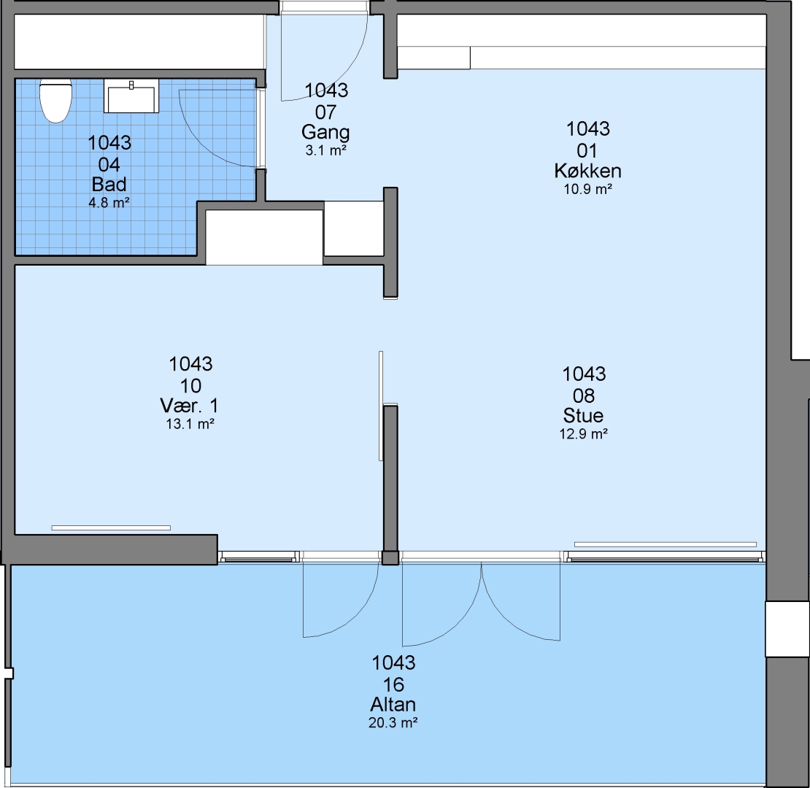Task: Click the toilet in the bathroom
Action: [55, 101]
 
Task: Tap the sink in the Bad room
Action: [131, 96]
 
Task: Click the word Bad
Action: [109, 185]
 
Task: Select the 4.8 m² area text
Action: [109, 203]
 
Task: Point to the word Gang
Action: [325, 133]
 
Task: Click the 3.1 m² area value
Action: [325, 151]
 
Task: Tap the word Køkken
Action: [588, 171]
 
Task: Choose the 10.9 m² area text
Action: [588, 189]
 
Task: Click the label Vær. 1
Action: [190, 406]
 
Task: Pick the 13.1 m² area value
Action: [190, 425]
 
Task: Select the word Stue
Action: [583, 416]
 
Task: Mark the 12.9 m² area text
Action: [584, 433]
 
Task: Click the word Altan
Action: [393, 704]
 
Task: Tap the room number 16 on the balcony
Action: [393, 684]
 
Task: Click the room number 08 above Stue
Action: [584, 396]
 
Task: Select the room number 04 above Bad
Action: [109, 165]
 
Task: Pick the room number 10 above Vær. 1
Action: [190, 386]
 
